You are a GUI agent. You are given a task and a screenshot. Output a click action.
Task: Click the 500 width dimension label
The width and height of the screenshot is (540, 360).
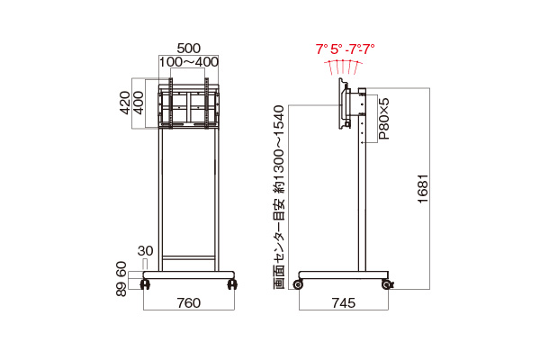(188, 49)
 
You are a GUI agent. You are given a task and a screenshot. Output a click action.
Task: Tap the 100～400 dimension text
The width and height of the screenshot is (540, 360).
(188, 62)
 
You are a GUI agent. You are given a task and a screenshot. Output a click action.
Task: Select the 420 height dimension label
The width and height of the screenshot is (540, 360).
(125, 103)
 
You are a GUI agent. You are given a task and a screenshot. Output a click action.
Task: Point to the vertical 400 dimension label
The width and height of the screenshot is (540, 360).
(138, 103)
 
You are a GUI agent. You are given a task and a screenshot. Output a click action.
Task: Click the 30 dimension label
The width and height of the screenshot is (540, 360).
(145, 251)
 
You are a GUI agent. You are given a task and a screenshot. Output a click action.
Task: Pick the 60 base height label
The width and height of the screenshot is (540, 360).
(121, 269)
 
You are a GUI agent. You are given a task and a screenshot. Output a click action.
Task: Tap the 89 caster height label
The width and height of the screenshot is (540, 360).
(121, 289)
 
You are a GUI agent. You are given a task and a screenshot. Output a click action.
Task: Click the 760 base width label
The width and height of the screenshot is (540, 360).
(189, 302)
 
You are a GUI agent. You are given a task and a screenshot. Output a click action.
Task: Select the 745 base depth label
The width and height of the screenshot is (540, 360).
(344, 302)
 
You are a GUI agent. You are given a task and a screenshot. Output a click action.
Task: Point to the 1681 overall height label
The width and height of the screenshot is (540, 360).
(423, 189)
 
